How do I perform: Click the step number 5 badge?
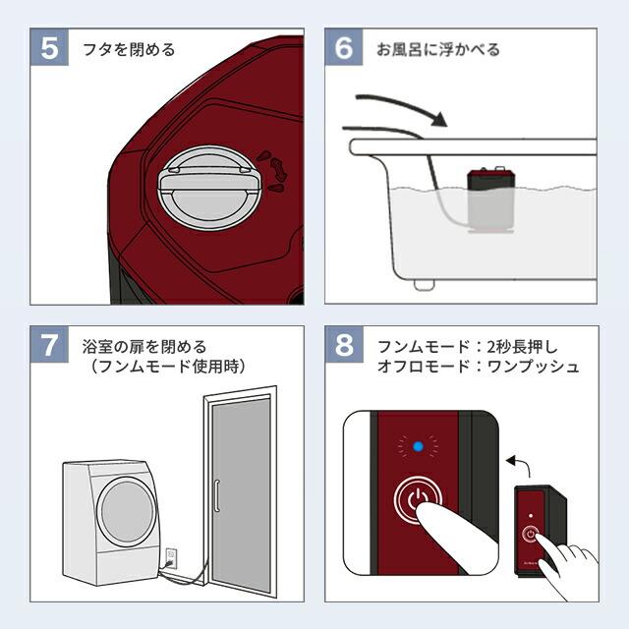(49, 47)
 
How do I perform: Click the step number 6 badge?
(344, 47)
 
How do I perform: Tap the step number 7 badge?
(49, 345)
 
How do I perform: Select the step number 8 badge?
(344, 345)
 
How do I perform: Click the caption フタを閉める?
(129, 50)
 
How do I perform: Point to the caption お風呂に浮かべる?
(438, 50)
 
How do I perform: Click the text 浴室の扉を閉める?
(144, 347)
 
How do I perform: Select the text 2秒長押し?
(522, 347)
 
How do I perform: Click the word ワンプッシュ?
(533, 367)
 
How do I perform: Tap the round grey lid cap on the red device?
(209, 188)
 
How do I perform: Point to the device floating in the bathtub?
(491, 200)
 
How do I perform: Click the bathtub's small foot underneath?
(425, 284)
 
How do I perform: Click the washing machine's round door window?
(127, 511)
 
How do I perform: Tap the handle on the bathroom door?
(216, 495)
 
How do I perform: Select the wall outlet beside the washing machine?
(171, 557)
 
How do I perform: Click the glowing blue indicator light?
(418, 446)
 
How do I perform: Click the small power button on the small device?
(531, 534)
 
